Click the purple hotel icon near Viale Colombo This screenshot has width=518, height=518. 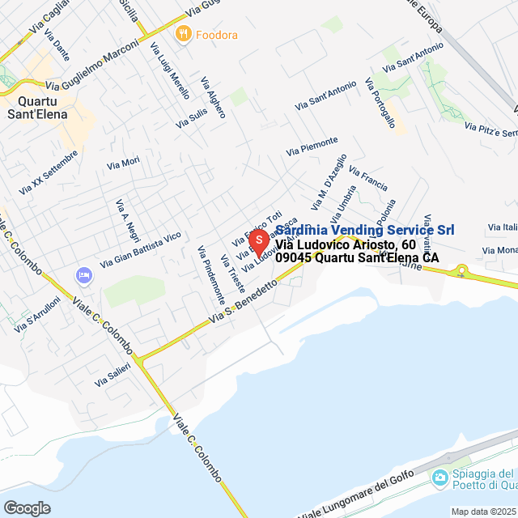(83, 276)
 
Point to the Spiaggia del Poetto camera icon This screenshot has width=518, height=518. (439, 478)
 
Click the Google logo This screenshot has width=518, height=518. (27, 508)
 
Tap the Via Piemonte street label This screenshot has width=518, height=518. (312, 146)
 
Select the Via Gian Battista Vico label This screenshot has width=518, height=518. (140, 250)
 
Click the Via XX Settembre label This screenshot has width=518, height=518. (49, 176)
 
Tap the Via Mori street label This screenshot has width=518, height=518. (123, 163)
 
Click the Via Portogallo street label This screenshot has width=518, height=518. (380, 103)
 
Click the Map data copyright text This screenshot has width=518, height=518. (482, 512)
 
